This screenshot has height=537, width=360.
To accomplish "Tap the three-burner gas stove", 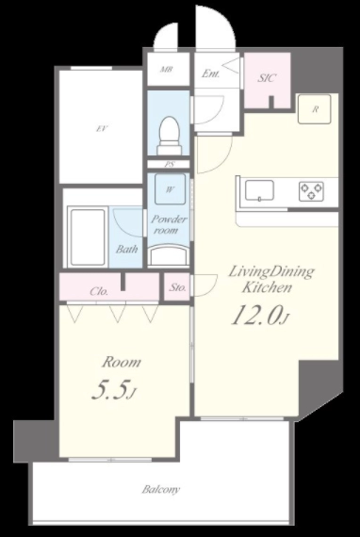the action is tap(311, 191).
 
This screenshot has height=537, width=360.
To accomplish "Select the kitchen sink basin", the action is tap(259, 190).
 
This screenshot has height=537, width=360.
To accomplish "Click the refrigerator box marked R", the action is tap(315, 109).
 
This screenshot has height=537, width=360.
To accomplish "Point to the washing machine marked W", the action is tap(170, 189).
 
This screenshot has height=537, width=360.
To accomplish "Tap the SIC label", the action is tap(266, 78).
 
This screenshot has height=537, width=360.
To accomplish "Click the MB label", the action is tap(167, 70).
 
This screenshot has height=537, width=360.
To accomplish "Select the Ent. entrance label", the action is tap(210, 73).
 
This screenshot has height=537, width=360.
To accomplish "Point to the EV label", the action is tap(101, 129).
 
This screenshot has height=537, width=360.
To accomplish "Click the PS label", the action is tap(169, 164).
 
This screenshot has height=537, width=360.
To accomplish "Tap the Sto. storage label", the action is tap(177, 287).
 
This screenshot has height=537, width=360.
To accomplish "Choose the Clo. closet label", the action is tap(99, 291).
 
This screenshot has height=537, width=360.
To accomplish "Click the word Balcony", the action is tap(161, 489).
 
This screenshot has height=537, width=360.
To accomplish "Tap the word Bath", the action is tap(126, 249).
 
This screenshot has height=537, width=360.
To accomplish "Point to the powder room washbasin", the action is tap(169, 255).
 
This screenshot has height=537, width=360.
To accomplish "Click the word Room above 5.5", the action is tap(122, 362).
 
